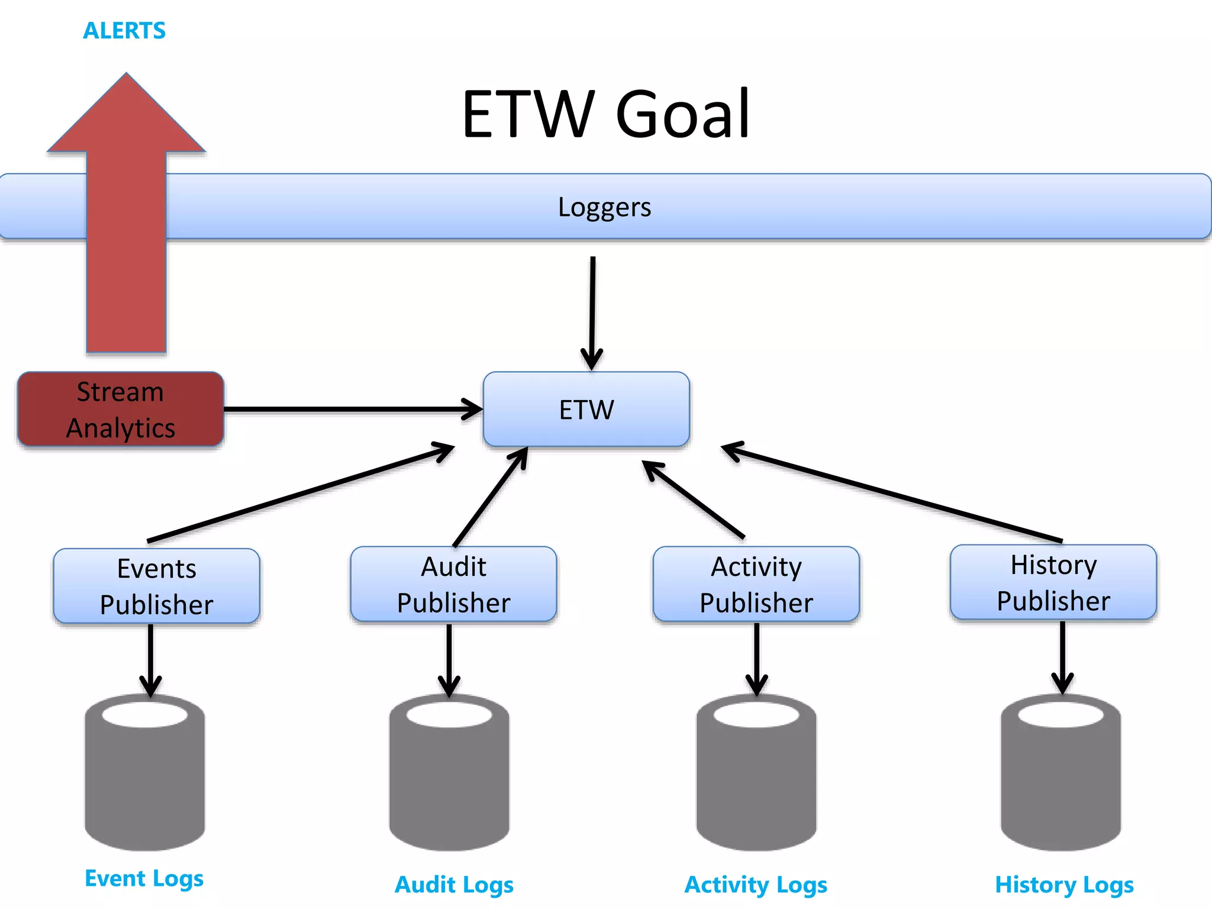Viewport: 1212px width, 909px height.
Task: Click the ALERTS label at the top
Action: pos(124,31)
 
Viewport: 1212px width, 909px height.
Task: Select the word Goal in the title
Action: pos(682,114)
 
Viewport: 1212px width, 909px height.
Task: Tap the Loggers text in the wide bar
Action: pos(604,207)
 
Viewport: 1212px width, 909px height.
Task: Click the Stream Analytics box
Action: pos(121,410)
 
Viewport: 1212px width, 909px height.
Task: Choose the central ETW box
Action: pos(586,410)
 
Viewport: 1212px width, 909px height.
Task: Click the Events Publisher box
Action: pos(156,586)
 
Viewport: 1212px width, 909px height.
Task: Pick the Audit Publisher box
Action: pos(453,584)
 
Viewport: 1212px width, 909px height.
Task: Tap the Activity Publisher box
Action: pos(756,584)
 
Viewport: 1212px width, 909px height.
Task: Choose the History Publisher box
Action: pos(1053,582)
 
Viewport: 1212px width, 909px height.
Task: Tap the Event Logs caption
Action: pos(144,878)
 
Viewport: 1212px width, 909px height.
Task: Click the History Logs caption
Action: pos(1064,885)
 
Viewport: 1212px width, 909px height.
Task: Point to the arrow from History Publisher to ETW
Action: pos(894,494)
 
